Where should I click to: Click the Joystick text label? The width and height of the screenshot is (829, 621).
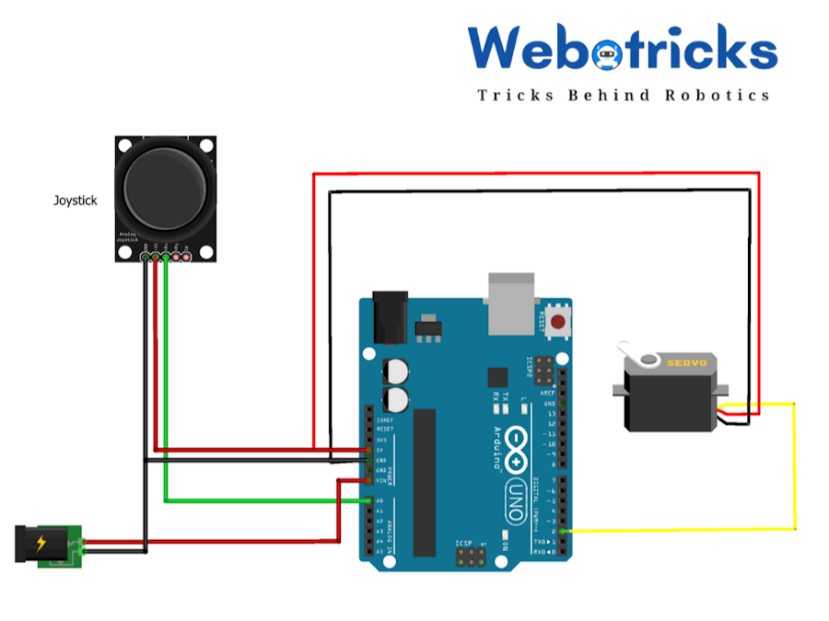75,199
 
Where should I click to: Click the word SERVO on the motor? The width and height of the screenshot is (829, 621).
687,363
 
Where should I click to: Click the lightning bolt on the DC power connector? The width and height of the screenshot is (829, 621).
41,543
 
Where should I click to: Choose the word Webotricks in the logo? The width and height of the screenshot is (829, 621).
622,48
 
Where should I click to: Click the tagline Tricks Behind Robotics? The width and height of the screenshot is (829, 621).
623,95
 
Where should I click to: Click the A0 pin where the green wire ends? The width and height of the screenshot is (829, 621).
370,500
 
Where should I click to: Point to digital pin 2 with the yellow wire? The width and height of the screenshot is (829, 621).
563,532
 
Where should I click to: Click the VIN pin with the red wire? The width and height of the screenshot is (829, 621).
370,480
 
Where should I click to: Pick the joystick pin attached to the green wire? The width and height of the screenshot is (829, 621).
166,258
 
